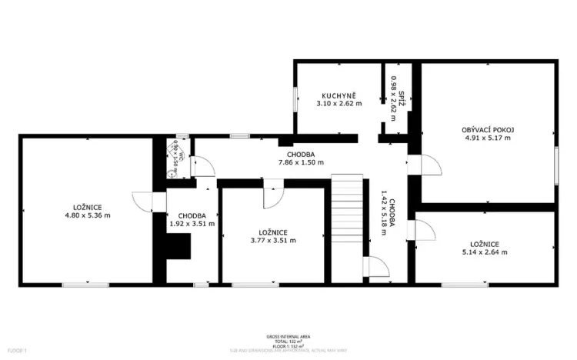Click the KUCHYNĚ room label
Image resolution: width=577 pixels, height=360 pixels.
pyautogui.click(x=339, y=95)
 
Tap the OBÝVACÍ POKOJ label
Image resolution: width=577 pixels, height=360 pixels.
pyautogui.click(x=488, y=129)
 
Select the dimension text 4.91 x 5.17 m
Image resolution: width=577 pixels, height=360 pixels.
pyautogui.click(x=488, y=138)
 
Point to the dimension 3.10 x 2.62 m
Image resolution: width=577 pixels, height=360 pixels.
pyautogui.click(x=339, y=103)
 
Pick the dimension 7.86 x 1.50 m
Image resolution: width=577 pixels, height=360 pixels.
pyautogui.click(x=300, y=162)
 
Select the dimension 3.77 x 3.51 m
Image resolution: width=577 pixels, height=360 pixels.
pyautogui.click(x=272, y=240)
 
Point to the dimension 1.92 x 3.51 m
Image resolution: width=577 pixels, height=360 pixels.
pyautogui.click(x=192, y=224)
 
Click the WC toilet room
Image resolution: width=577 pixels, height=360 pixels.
pyautogui.click(x=175, y=157)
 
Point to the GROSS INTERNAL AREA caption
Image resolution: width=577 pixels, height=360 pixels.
pyautogui.click(x=288, y=337)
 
